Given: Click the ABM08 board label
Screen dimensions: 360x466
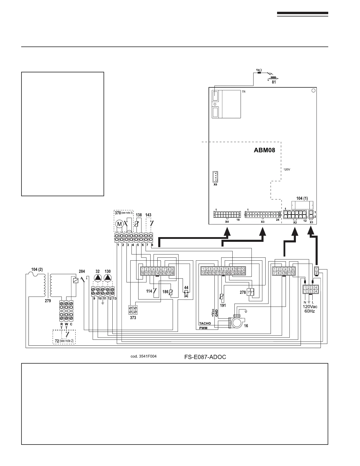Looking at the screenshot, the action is (x=264, y=151).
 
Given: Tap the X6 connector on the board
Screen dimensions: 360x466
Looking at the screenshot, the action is (x=215, y=177).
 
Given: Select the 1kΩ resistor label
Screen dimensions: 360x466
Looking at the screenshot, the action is (x=259, y=70).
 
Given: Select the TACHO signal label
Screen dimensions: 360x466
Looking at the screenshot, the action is (x=205, y=323).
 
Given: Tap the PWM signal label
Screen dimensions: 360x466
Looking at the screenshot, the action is (x=203, y=328).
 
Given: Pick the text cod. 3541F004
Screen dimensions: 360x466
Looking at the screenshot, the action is (x=144, y=356).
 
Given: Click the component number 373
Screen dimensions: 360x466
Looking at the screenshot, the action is (x=133, y=318).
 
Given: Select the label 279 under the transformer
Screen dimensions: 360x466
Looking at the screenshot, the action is (x=48, y=301).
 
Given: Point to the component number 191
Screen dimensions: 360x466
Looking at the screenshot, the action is (x=223, y=305).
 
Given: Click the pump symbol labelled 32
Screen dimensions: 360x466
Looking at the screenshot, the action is (x=98, y=278).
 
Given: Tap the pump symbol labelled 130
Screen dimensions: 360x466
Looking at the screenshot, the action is (x=108, y=278).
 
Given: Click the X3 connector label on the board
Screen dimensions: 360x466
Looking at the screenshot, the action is (x=263, y=222).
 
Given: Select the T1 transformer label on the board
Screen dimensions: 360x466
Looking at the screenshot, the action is (x=244, y=92).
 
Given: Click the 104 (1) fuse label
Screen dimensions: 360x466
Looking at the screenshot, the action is (x=302, y=199).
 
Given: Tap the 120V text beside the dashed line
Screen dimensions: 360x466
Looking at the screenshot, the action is (x=287, y=170).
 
